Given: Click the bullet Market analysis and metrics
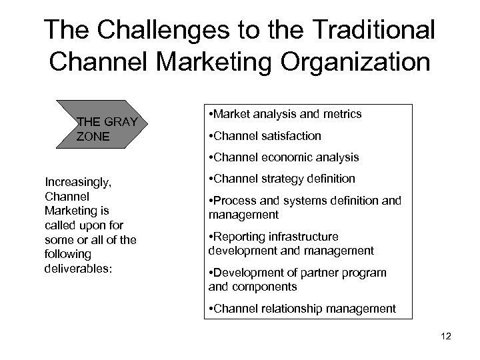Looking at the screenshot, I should coord(286,114).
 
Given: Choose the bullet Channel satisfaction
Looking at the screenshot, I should coord(265,136).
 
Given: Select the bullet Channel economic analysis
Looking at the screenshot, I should coord(284,158).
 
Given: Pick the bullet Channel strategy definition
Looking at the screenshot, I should coord(282,179).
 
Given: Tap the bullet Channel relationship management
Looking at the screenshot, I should coord(302,308).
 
